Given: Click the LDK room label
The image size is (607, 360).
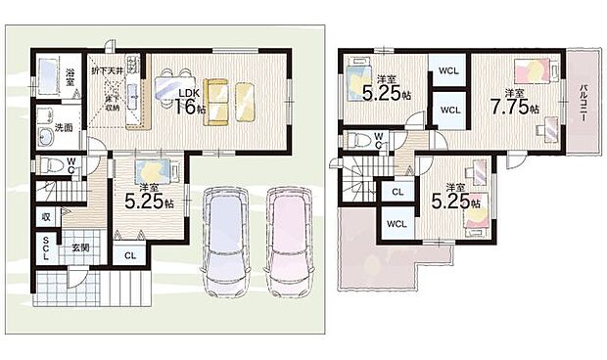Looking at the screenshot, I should tap(189, 93).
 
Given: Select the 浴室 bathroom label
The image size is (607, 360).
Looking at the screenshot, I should tap(71, 74).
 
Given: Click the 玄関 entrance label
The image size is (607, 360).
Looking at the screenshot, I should tap(80, 248).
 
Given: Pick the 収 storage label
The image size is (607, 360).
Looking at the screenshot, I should tap(46, 216).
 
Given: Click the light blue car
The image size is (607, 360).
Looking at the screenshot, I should tap(225, 242).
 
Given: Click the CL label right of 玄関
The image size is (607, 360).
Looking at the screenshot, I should tap(129, 255).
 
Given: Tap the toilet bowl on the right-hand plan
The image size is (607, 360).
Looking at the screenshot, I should tap(358, 137).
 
